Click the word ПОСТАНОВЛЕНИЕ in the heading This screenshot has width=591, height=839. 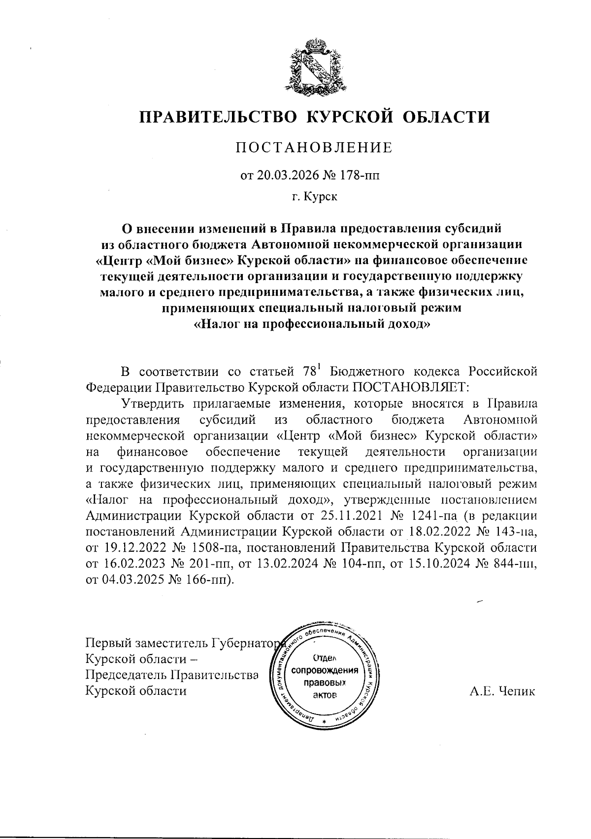pyautogui.click(x=314, y=148)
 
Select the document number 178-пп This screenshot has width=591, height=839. pyautogui.click(x=360, y=175)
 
